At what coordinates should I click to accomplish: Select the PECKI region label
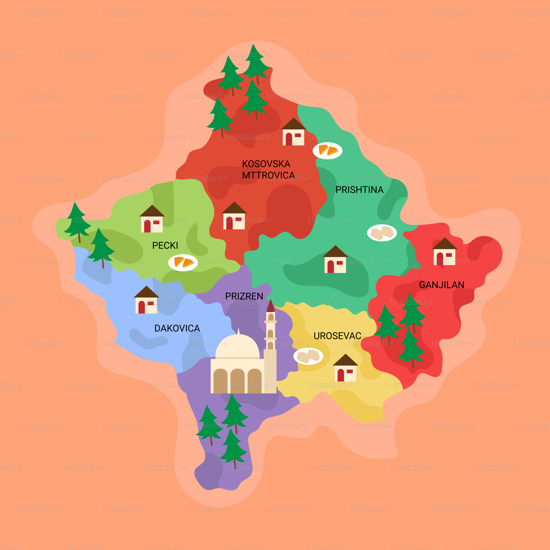coord(165,245)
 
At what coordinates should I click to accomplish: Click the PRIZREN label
coord(244,296)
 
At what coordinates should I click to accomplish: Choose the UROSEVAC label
coord(337,336)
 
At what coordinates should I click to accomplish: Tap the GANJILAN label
coord(441,285)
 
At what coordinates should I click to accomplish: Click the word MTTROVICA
coord(268,175)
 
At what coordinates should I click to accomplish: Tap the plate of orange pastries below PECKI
coord(183,263)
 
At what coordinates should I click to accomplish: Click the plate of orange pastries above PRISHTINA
coord(327,151)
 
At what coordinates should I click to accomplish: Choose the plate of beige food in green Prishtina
coord(382,233)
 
